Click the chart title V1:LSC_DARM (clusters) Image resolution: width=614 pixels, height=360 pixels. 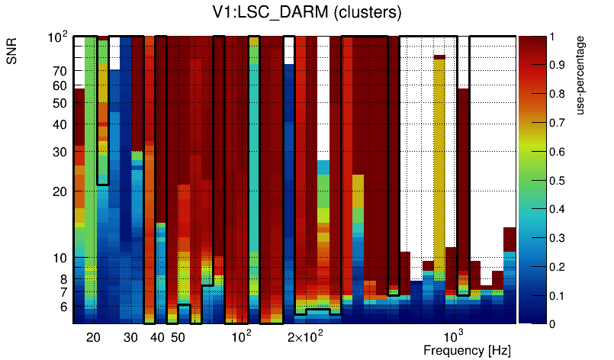tap(306, 13)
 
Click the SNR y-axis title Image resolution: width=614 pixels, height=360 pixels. tap(13, 53)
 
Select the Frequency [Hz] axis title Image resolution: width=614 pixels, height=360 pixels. tap(467, 351)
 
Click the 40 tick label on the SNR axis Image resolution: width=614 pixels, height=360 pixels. tap(59, 124)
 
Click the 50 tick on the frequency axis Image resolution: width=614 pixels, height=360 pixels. tap(177, 337)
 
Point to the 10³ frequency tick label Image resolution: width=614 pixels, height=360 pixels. tap(453, 336)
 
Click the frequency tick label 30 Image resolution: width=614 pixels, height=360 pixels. tap(130, 337)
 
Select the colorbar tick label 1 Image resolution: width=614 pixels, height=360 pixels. tap(558, 36)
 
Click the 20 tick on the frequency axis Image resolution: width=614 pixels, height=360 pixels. tap(93, 337)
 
